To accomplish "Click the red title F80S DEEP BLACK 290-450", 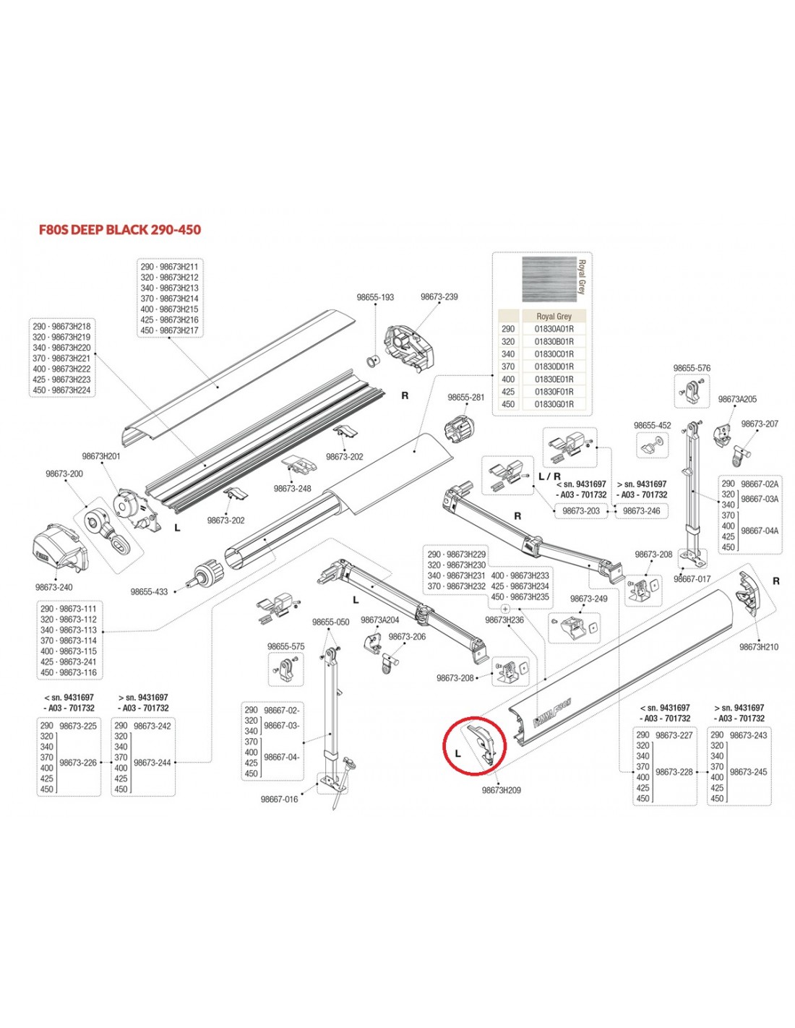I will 120,230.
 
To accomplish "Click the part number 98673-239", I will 439,297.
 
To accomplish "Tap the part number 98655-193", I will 375,298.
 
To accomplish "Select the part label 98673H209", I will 501,791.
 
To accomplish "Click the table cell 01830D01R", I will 554,367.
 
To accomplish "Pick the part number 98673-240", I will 54,588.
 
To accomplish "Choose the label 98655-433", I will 149,592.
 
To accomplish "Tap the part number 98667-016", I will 279,800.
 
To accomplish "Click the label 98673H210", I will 759,648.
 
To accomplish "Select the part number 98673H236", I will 504,620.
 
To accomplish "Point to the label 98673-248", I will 292,489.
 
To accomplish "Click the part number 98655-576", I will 692,369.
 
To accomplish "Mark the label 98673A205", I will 737,400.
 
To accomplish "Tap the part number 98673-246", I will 641,511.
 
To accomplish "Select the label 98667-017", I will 692,579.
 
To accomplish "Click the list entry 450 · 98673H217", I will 169,331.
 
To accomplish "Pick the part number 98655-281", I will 466,398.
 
